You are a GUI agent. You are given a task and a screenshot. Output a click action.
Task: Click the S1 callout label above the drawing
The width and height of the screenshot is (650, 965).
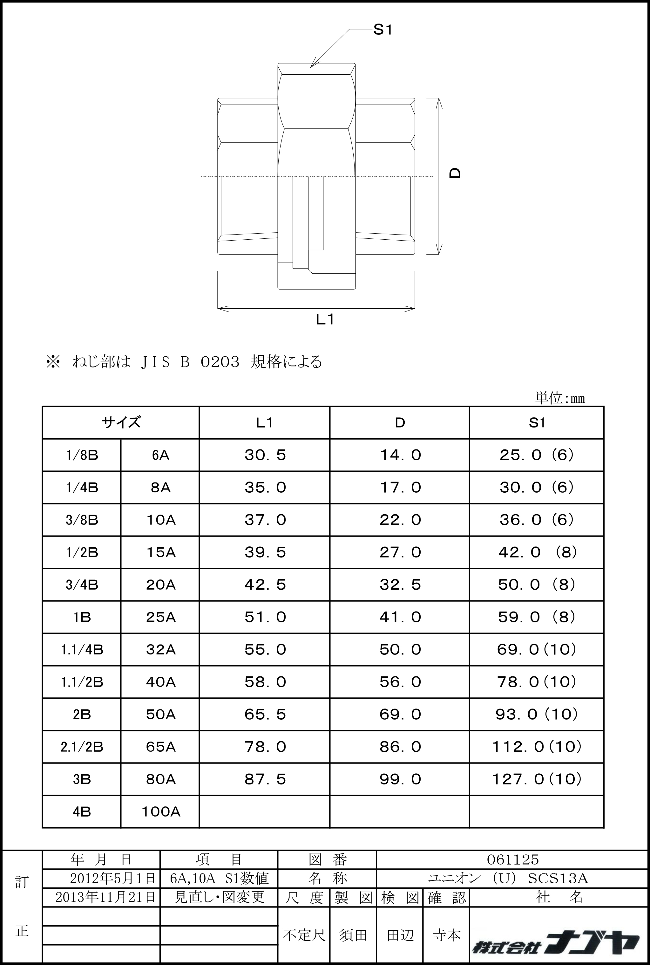click(382, 30)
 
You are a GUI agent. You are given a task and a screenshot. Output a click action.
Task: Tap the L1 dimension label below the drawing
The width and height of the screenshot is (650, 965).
click(325, 319)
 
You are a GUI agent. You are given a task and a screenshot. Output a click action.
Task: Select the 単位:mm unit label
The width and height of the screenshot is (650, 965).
click(560, 399)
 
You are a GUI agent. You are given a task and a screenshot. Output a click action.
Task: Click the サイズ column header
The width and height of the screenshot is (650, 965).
click(121, 422)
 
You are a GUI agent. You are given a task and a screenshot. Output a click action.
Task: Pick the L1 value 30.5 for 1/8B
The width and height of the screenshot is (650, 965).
click(265, 455)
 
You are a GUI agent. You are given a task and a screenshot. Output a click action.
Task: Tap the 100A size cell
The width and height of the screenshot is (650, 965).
click(160, 811)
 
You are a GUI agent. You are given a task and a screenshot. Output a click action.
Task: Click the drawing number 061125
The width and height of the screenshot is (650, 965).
click(513, 859)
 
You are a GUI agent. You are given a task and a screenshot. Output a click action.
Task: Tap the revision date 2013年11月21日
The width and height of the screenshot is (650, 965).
click(105, 897)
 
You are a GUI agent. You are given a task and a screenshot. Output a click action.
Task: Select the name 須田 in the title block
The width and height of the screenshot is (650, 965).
click(353, 935)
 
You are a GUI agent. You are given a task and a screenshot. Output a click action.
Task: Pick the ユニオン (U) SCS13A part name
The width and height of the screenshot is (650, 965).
click(508, 878)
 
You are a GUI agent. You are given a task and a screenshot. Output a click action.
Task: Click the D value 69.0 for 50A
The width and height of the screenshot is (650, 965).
click(400, 714)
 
